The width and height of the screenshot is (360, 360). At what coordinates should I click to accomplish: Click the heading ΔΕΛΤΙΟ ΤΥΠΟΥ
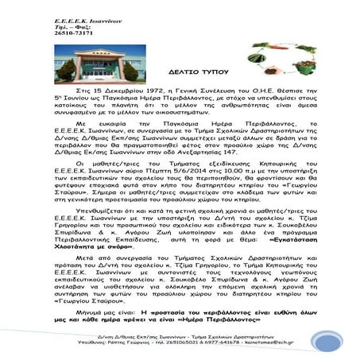tap(180, 93)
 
